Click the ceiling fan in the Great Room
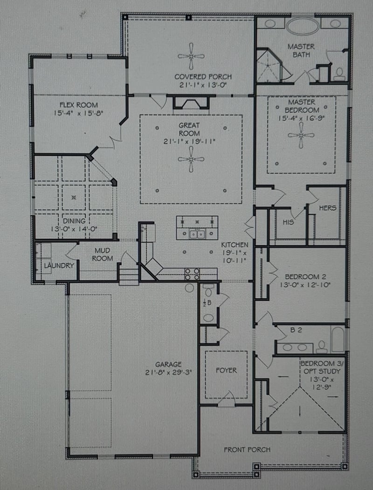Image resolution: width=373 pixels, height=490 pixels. [191, 159]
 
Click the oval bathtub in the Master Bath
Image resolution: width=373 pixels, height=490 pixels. [303, 26]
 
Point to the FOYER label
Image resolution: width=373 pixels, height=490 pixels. [226, 371]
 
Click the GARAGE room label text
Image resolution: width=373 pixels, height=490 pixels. [169, 364]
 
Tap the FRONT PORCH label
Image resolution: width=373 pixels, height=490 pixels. [247, 449]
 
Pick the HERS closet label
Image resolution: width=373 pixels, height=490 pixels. [328, 208]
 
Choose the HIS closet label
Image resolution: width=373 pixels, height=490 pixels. [288, 222]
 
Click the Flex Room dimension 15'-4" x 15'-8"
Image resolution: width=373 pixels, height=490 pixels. [78, 113]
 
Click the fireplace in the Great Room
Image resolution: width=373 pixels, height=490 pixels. [191, 102]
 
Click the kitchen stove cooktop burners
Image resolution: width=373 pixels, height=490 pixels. [193, 273]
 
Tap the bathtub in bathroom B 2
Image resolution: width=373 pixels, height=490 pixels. [338, 339]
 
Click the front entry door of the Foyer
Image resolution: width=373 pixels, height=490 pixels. [227, 400]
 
